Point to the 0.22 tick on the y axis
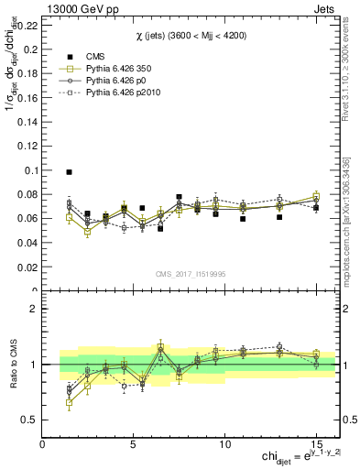(x=27, y=26)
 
